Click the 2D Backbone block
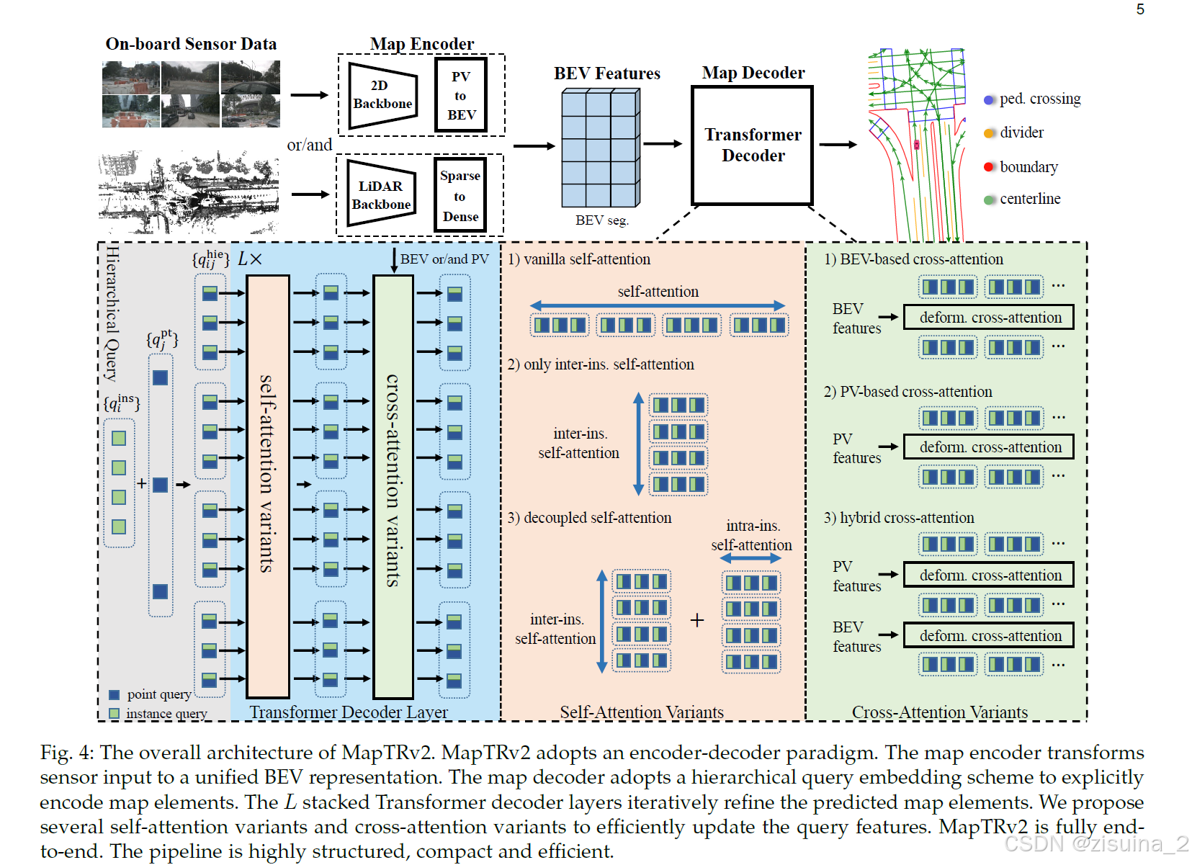pos(382,95)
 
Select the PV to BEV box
pos(461,95)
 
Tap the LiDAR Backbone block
pos(381,194)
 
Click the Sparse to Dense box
pos(460,195)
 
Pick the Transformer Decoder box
pos(752,145)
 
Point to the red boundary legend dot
pos(989,167)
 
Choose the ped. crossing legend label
pos(1039,99)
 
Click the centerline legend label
pos(1029,199)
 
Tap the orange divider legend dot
pos(989,133)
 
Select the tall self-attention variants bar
pos(268,486)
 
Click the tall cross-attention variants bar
pos(393,486)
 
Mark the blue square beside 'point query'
pos(114,695)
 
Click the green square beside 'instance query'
pos(114,714)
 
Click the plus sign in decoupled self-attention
pos(696,620)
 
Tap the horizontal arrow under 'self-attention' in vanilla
pos(657,306)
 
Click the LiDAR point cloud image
pos(189,192)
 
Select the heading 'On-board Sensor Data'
pos(191,44)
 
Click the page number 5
pos(1140,9)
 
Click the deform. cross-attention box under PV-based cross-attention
pos(988,447)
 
